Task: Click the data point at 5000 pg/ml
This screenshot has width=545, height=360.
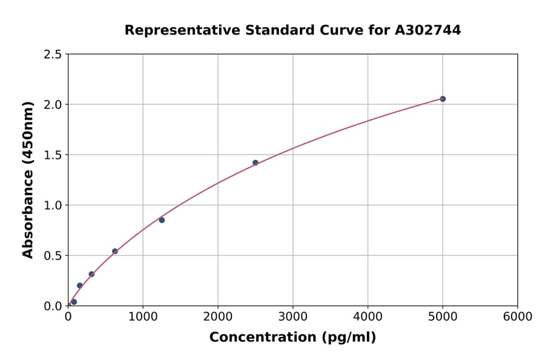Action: point(443,99)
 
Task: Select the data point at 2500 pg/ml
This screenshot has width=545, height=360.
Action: point(256,162)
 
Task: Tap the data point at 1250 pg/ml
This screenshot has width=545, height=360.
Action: point(162,220)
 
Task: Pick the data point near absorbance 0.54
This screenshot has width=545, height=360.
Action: point(115,251)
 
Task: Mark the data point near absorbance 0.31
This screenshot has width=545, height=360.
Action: point(91,274)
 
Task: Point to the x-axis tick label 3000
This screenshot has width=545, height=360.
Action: point(292,317)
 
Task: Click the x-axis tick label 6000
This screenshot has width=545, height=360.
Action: point(517,317)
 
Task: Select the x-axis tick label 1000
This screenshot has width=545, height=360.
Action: point(143,317)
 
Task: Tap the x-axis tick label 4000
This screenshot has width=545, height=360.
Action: point(368,317)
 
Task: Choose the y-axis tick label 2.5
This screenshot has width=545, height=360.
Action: point(53,55)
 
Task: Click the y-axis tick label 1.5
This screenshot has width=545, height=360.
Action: point(53,155)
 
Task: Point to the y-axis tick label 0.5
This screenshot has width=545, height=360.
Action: point(53,256)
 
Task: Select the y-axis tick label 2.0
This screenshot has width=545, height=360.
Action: point(53,105)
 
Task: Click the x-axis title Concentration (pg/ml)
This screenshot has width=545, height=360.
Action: point(292,338)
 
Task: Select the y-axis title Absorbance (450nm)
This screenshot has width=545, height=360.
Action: point(28,179)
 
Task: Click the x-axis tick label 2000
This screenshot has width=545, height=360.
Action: point(218,317)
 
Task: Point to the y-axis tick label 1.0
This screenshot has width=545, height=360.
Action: point(53,205)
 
